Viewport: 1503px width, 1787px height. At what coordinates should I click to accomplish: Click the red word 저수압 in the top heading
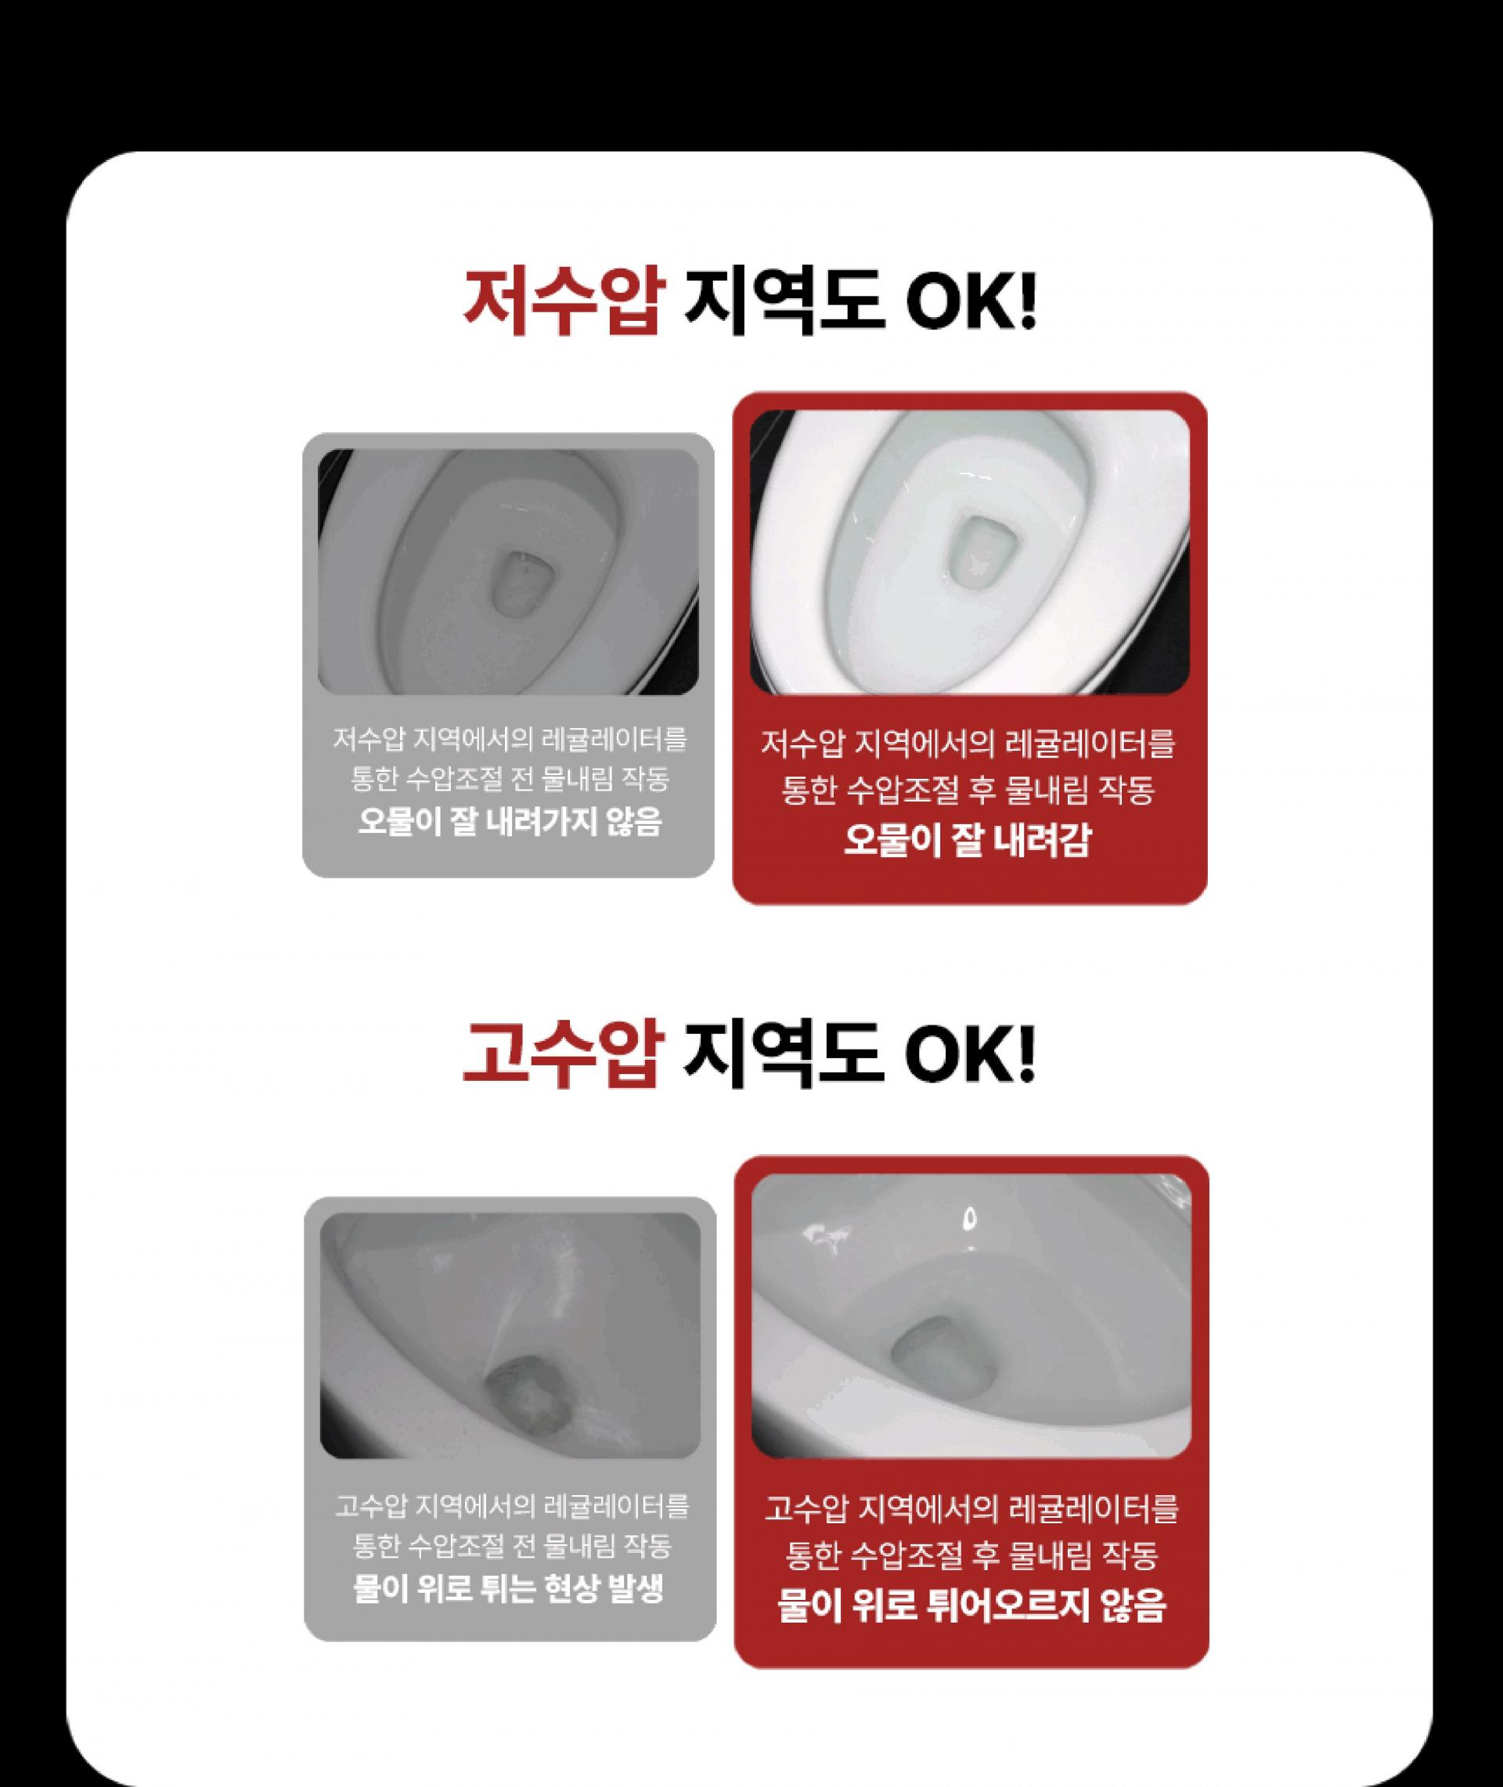[x=562, y=304]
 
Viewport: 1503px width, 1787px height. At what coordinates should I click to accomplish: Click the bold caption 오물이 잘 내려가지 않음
[x=509, y=822]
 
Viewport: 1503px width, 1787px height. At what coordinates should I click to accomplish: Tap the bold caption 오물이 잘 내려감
[x=967, y=840]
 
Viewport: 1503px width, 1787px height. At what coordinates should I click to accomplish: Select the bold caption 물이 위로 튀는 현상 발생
[x=509, y=1587]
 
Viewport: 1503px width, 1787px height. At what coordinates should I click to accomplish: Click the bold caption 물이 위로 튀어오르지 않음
[x=971, y=1606]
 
